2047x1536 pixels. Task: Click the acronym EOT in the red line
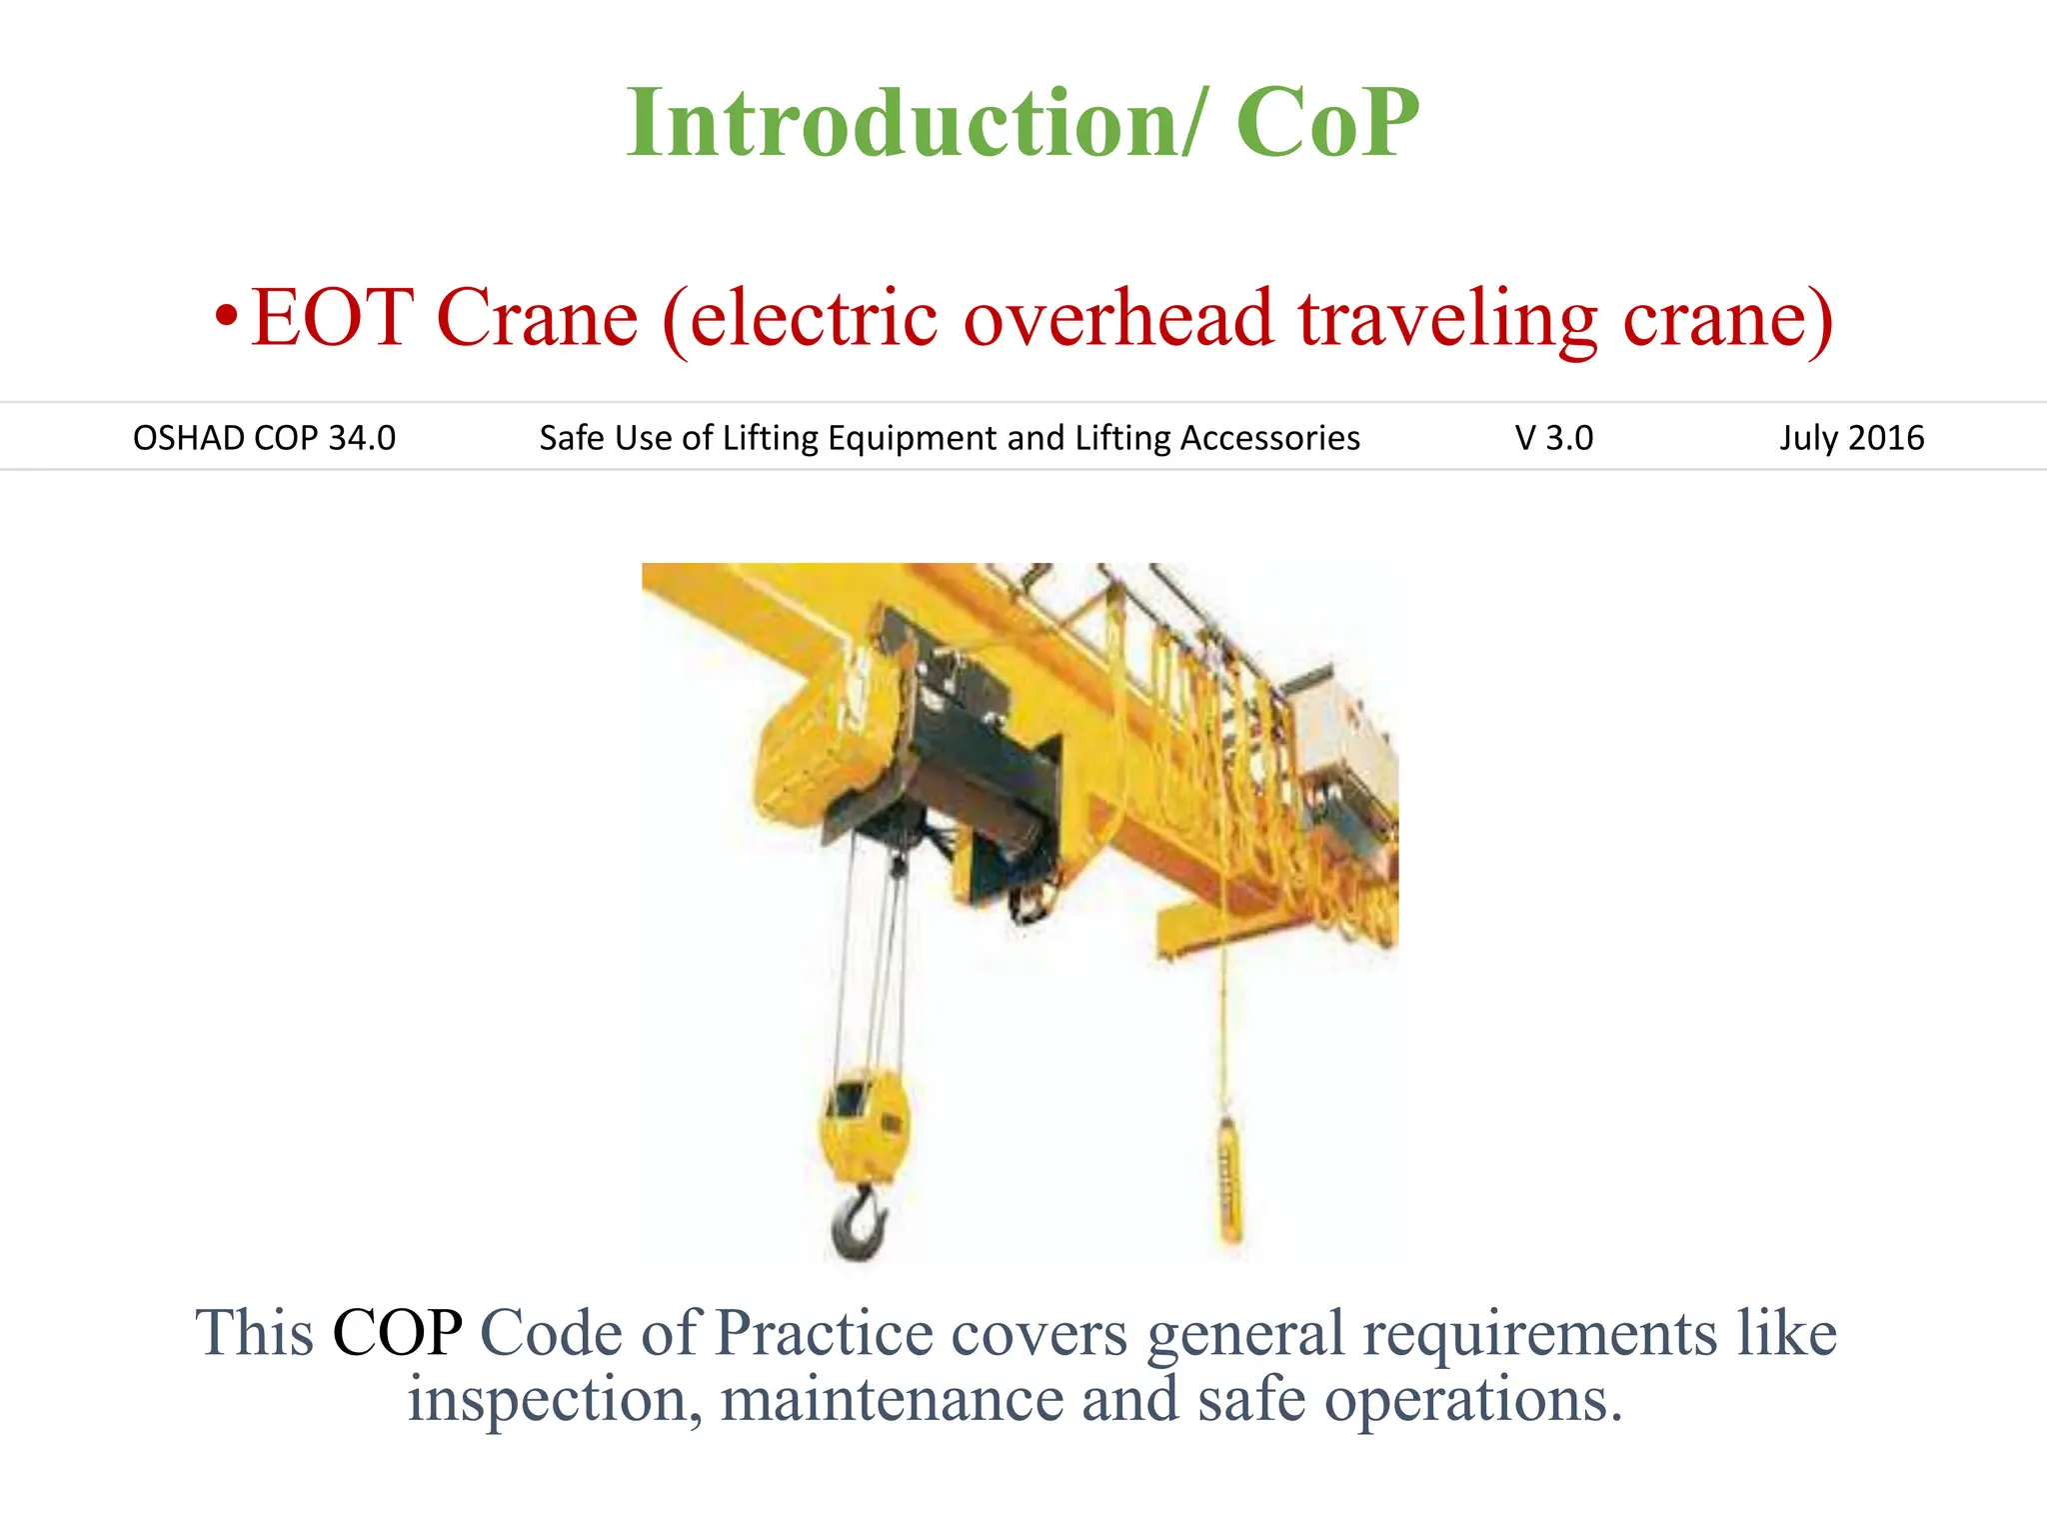coord(332,318)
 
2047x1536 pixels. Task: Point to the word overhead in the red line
coord(1118,318)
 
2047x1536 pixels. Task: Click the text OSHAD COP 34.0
coord(264,438)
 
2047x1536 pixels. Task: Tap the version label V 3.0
coord(1553,438)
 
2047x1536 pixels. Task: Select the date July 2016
coord(1850,438)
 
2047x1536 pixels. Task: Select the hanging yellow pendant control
coord(1228,1180)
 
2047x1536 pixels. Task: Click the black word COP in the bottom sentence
coord(397,1333)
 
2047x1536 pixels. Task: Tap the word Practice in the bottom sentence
coord(824,1333)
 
